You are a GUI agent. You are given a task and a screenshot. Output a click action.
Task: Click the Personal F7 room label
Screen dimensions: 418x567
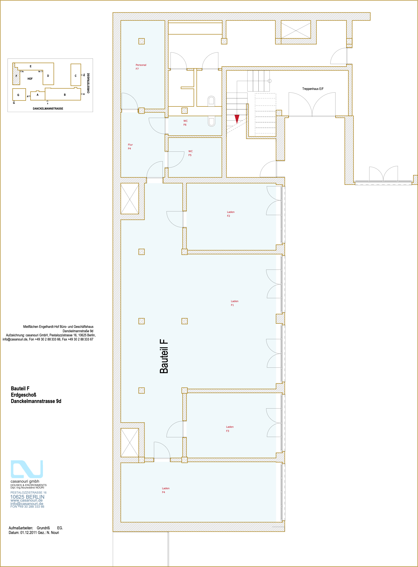pyautogui.click(x=141, y=67)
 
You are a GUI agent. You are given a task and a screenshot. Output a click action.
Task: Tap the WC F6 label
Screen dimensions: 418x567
pyautogui.click(x=186, y=123)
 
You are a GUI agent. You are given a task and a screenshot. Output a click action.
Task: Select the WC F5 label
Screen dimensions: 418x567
pyautogui.click(x=190, y=153)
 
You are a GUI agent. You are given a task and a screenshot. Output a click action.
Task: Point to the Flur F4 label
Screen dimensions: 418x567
pyautogui.click(x=130, y=147)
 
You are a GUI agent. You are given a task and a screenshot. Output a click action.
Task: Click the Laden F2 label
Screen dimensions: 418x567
pyautogui.click(x=230, y=214)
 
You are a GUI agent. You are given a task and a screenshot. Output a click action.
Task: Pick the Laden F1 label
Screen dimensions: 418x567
pyautogui.click(x=234, y=303)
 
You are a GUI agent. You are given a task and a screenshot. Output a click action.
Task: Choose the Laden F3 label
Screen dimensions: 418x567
pyautogui.click(x=229, y=429)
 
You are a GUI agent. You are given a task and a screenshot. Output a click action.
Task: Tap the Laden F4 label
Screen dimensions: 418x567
pyautogui.click(x=165, y=490)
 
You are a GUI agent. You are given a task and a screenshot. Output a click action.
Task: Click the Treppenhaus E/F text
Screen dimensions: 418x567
pyautogui.click(x=313, y=89)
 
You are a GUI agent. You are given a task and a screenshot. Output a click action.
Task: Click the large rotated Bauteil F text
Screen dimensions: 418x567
pyautogui.click(x=164, y=356)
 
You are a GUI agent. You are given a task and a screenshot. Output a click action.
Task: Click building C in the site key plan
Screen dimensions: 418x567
pyautogui.click(x=76, y=75)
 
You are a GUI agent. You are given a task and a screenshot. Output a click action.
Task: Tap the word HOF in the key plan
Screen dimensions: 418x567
pyautogui.click(x=30, y=79)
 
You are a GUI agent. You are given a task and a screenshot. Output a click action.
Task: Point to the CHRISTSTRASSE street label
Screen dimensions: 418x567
pyautogui.click(x=88, y=83)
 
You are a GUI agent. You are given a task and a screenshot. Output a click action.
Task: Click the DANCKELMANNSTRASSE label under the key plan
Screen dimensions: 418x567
pyautogui.click(x=48, y=108)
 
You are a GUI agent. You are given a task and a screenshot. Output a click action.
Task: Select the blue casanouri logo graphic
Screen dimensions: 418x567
pyautogui.click(x=27, y=469)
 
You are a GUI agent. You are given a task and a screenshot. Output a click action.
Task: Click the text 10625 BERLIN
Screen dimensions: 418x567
pyautogui.click(x=27, y=497)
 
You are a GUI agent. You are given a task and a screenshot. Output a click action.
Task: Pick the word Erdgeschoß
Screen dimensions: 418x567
pyautogui.click(x=24, y=395)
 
